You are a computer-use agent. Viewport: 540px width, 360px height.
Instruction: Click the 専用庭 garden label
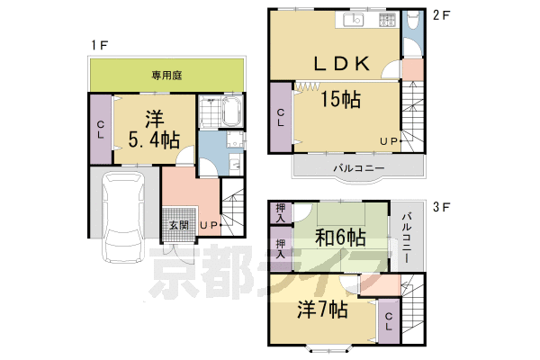coord(166,76)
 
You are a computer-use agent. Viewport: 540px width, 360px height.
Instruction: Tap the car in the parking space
coord(124,217)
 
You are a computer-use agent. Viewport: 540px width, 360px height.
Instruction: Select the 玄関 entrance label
coord(179,225)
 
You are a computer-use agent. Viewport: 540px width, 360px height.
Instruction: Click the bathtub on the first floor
coord(233,112)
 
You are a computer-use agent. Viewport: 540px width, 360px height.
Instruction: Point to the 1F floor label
coord(100,45)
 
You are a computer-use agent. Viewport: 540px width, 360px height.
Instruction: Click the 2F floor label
coord(442,15)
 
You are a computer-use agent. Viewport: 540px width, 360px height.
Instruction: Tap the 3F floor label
coord(442,207)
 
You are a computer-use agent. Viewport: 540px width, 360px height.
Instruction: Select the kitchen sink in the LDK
coord(354,20)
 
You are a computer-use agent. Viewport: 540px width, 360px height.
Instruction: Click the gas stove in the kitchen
coord(387,20)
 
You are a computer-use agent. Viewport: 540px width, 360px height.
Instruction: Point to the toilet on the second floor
coord(412,22)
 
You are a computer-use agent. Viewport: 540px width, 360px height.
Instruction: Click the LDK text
coord(342,64)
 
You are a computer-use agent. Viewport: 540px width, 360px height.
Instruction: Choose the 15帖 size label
coord(340,99)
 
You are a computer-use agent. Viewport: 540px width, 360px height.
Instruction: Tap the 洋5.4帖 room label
coord(154,130)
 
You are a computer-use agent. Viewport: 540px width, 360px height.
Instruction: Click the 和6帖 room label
coord(340,238)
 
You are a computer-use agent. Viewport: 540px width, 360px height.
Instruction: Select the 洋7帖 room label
coord(322,309)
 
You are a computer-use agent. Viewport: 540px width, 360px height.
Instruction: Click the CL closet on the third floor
coord(389,321)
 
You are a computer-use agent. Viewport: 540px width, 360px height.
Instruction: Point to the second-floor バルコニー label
coord(358,168)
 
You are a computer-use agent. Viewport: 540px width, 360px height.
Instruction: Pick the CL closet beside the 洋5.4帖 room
coord(101,130)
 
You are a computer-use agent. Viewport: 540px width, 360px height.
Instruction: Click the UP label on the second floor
coord(389,141)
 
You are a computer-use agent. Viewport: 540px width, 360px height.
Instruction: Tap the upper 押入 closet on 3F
coord(281,213)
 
